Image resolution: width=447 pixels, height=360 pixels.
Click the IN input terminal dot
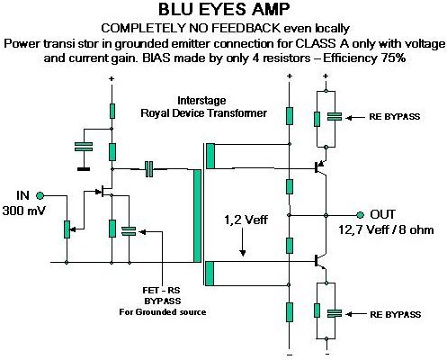click(x=40, y=196)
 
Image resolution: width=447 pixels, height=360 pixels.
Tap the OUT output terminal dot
click(x=360, y=215)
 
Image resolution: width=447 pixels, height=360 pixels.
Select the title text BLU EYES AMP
click(x=224, y=10)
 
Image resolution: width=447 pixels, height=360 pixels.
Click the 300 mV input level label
click(x=23, y=211)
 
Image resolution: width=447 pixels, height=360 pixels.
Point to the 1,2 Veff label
click(x=246, y=220)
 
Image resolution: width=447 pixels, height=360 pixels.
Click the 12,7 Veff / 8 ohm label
click(x=386, y=230)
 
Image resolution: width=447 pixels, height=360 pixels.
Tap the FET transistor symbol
click(x=103, y=191)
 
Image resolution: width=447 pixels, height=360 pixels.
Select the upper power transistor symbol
click(x=319, y=167)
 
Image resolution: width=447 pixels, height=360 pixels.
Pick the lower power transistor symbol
click(x=319, y=261)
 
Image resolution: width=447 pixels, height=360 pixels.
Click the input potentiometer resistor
click(x=67, y=229)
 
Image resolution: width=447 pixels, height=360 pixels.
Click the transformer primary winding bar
click(x=197, y=216)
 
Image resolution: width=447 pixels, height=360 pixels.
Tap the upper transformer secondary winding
click(x=210, y=156)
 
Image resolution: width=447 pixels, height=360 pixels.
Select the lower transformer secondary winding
click(x=210, y=274)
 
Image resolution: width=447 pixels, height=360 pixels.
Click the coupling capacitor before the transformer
click(x=149, y=169)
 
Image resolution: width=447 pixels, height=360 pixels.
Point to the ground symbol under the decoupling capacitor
click(x=84, y=169)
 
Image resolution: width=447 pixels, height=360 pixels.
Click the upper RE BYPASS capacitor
click(x=335, y=117)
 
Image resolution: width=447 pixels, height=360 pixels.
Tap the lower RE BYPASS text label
click(x=396, y=314)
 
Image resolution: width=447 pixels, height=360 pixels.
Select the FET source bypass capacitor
click(x=129, y=231)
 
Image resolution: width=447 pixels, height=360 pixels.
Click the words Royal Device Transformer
click(x=204, y=113)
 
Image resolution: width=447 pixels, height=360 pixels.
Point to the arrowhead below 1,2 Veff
click(x=243, y=253)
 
